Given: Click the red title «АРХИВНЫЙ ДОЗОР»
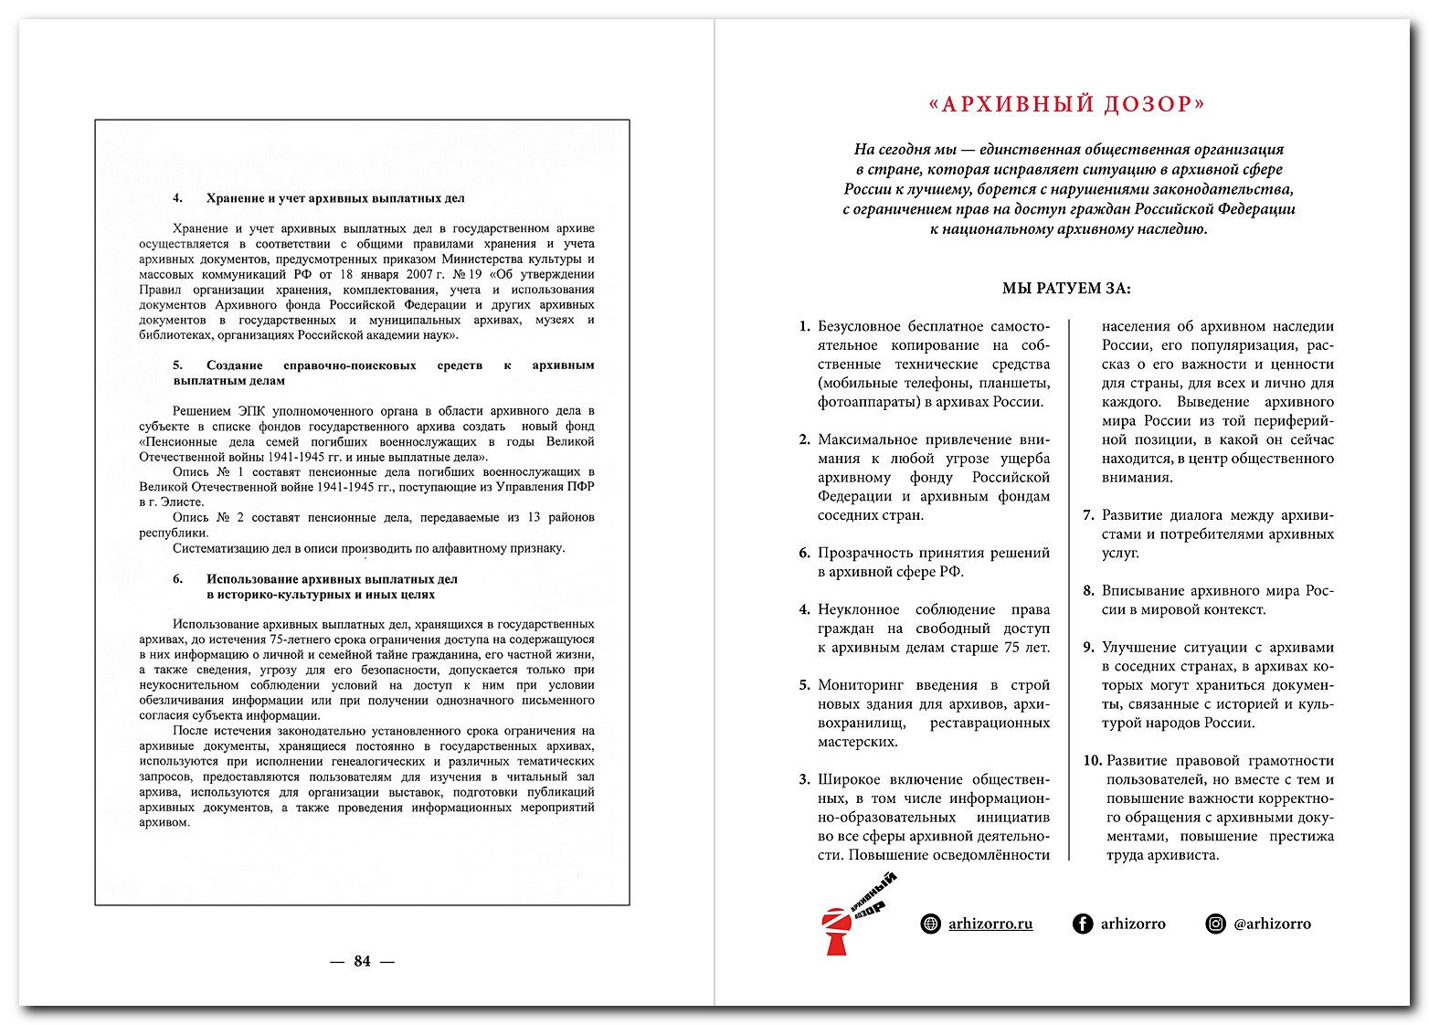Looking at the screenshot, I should (x=1066, y=104).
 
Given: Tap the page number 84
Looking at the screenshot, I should (x=362, y=961).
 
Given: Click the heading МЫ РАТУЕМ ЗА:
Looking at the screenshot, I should (x=1066, y=289).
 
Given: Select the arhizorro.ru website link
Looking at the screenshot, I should (x=990, y=924).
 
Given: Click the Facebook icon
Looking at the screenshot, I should (x=1083, y=924).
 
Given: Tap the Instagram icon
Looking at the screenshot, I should (x=1216, y=924).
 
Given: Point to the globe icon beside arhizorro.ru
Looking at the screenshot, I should (x=930, y=924).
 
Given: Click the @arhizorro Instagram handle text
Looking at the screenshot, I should (x=1272, y=924).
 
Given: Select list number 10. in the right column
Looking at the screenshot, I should (x=1093, y=761).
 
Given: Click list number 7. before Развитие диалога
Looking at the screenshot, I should (x=1088, y=515).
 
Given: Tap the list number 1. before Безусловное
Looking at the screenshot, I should (x=804, y=326).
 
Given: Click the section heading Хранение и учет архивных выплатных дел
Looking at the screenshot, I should (x=335, y=198).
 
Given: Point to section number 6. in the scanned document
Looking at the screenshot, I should (x=178, y=579).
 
